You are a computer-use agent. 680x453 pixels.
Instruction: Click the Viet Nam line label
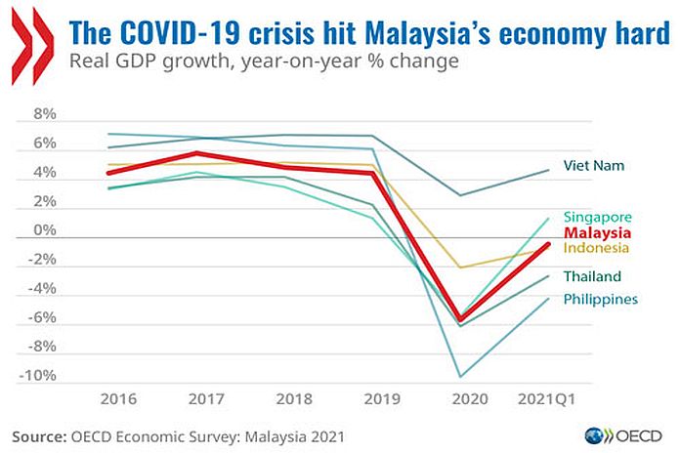tap(594, 165)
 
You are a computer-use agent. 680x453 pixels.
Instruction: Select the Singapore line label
tap(597, 217)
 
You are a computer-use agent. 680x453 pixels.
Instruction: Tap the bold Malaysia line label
tap(597, 233)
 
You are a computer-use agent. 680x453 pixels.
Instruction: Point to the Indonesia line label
tap(597, 249)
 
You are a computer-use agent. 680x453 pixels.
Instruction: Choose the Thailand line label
tap(592, 276)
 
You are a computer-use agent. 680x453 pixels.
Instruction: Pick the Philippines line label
tap(600, 299)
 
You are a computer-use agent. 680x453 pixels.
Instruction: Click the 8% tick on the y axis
tap(45, 114)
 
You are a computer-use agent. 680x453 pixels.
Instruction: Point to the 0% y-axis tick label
tap(45, 230)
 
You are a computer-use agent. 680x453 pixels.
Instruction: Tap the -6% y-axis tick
tap(42, 318)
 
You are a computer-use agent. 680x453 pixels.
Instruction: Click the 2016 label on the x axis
tap(117, 399)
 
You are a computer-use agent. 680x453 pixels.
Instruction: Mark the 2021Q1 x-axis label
tap(545, 399)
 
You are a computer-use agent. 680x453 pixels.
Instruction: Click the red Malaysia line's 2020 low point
tap(461, 319)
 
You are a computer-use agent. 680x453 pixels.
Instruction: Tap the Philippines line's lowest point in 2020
tap(461, 376)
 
